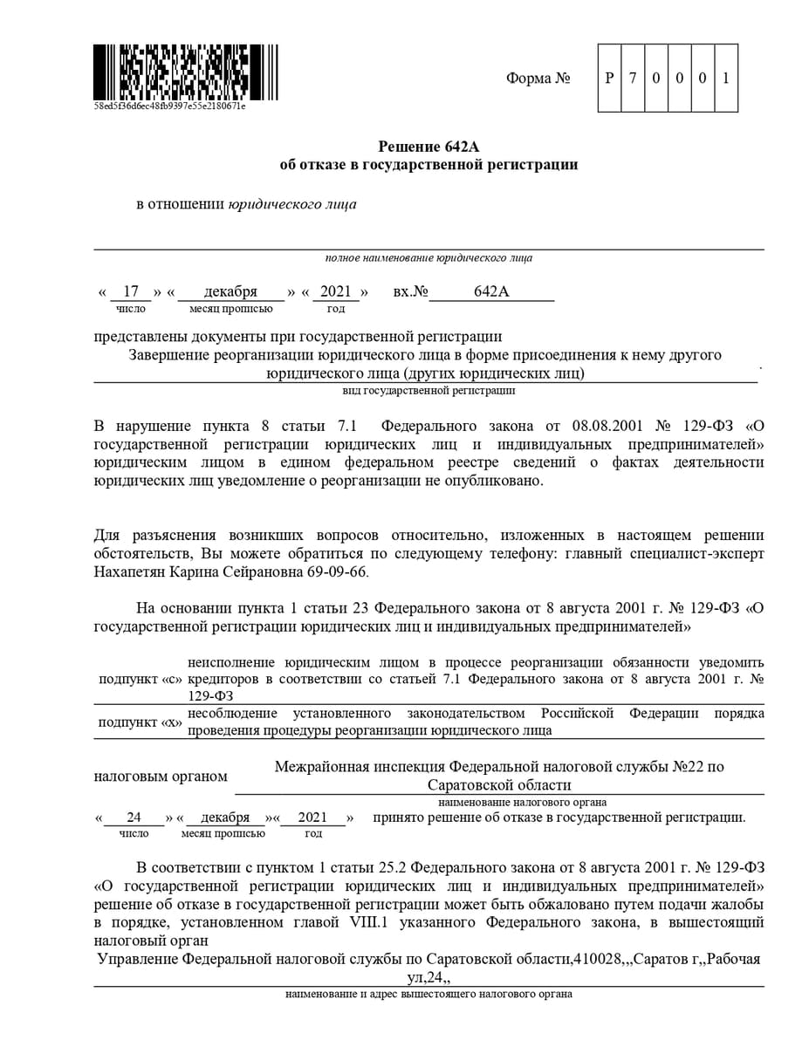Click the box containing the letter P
[x=609, y=78]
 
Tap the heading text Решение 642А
[x=428, y=147]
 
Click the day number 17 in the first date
[x=131, y=291]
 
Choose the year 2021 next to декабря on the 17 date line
[x=335, y=291]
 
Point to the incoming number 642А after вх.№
[x=491, y=291]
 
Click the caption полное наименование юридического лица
[x=428, y=258]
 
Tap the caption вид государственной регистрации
[x=428, y=391]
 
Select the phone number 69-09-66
[x=345, y=572]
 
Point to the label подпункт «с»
[x=140, y=679]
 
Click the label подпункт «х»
[x=140, y=723]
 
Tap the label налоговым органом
[x=161, y=777]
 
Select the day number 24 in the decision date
[x=134, y=818]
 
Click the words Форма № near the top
[x=538, y=79]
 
